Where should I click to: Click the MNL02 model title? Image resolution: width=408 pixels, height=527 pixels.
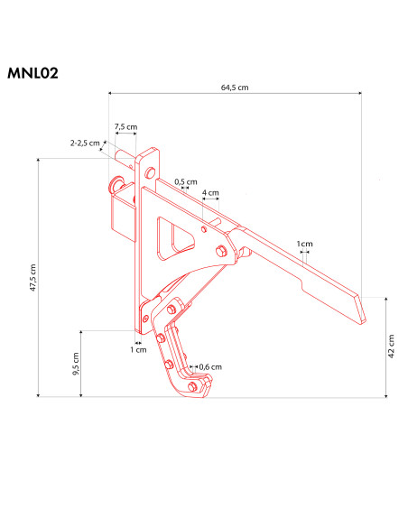click(32, 73)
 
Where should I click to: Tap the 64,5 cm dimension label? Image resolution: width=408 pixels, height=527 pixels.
click(235, 88)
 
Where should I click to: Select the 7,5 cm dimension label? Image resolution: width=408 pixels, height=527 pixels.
click(125, 126)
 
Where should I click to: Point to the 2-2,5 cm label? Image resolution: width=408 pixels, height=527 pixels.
click(85, 143)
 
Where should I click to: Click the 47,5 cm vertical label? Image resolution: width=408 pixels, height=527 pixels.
click(32, 278)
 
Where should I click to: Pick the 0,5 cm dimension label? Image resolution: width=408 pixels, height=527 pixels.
click(186, 181)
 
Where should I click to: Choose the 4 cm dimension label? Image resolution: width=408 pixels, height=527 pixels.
click(210, 192)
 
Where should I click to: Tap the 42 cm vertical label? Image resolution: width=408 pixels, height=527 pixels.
click(391, 347)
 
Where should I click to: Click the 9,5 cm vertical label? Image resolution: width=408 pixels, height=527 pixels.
click(76, 364)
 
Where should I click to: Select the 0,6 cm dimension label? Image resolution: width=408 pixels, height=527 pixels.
click(210, 366)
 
